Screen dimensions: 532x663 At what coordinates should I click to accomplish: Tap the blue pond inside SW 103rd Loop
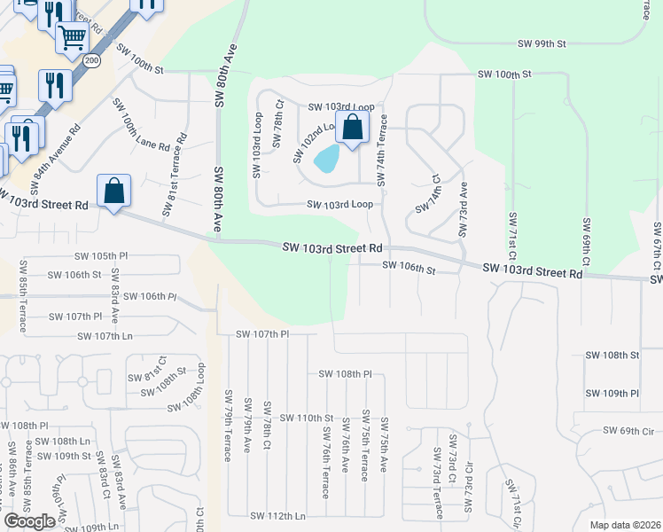327,159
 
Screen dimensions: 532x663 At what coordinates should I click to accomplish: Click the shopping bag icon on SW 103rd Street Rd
114,191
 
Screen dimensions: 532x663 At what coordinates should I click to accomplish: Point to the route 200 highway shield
94,59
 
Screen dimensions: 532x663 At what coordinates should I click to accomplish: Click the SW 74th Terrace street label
383,149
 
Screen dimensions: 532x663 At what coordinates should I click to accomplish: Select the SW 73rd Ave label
462,209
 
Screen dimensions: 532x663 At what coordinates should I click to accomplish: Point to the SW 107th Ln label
105,336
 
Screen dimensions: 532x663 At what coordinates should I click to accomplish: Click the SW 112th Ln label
277,515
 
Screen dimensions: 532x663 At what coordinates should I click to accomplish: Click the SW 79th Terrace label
227,426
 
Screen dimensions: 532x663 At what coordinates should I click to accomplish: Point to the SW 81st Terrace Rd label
174,176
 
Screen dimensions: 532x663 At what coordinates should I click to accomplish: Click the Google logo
28,521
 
